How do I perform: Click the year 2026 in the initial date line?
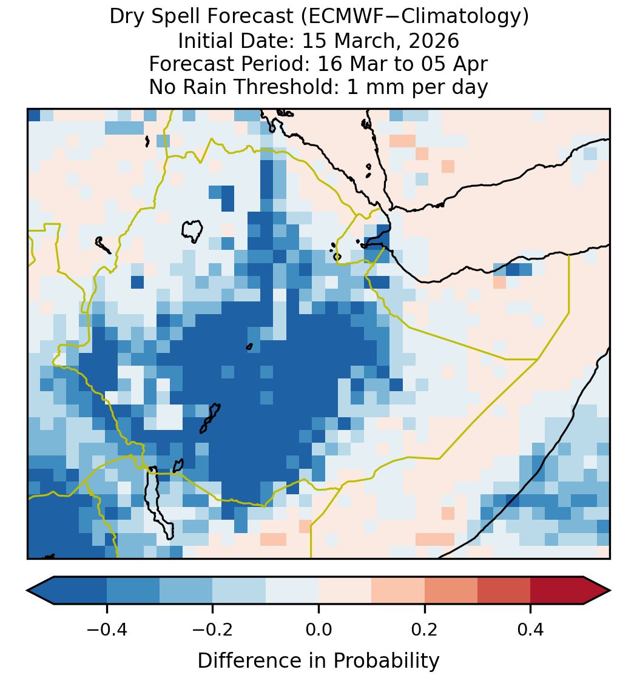tap(434, 41)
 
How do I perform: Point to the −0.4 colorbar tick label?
tap(106, 630)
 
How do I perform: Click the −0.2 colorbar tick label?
tap(212, 630)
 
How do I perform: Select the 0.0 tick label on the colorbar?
tap(318, 630)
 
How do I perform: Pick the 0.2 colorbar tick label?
tap(425, 630)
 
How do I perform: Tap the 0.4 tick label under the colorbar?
tap(531, 630)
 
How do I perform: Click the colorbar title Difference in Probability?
tap(318, 661)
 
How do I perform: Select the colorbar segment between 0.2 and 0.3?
tap(451, 591)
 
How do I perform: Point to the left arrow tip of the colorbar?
tap(27, 591)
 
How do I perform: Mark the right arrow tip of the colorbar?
tap(611, 591)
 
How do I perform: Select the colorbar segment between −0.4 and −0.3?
tap(133, 591)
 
